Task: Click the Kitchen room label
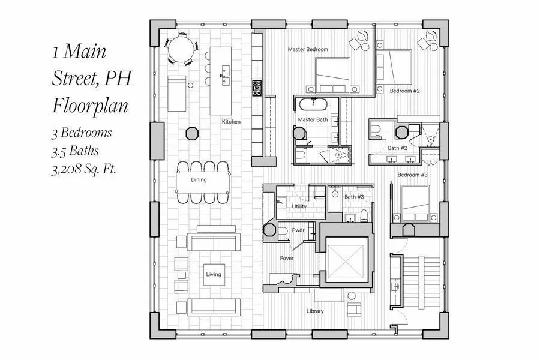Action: tap(231, 122)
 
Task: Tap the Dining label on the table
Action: tap(199, 179)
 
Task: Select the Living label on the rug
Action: tap(214, 274)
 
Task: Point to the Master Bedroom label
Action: tap(308, 49)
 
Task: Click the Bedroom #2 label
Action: tap(404, 91)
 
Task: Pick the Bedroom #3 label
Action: tap(412, 175)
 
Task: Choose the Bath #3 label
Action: tap(354, 197)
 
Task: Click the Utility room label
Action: tap(299, 206)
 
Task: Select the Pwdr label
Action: tap(298, 230)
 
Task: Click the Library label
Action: tap(314, 311)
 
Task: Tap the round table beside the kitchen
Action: tap(181, 47)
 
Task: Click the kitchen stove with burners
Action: tap(257, 88)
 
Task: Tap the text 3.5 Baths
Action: tap(74, 151)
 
